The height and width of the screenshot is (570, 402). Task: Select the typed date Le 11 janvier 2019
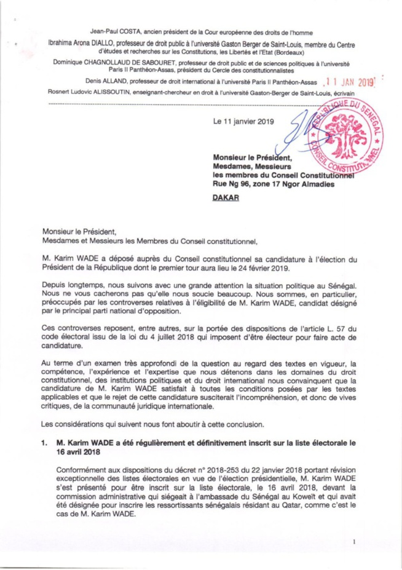pos(242,121)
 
